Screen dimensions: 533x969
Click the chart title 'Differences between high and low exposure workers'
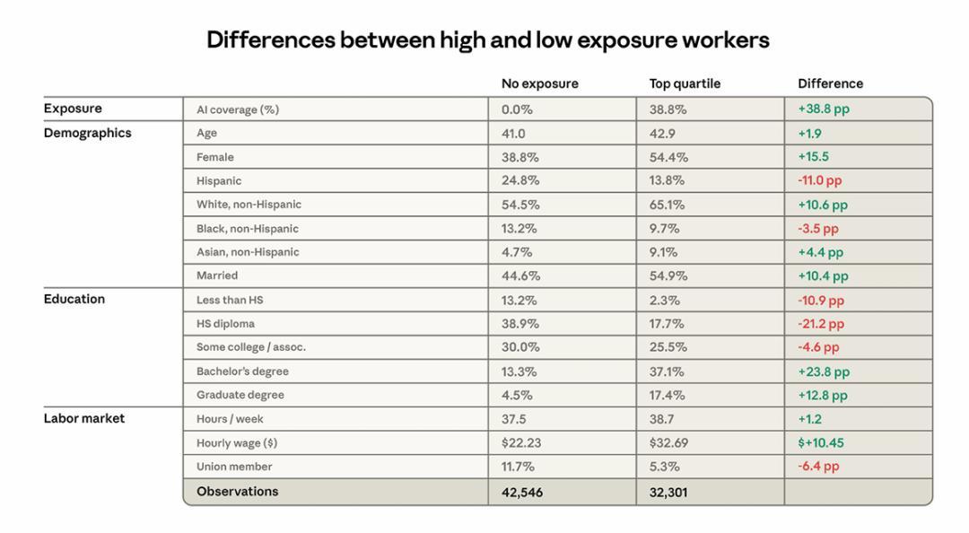point(487,40)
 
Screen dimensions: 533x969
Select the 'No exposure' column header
point(539,83)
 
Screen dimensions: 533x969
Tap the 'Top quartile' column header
point(685,83)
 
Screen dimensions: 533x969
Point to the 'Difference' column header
point(830,83)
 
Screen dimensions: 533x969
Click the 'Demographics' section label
point(87,133)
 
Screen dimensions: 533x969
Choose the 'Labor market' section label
point(83,418)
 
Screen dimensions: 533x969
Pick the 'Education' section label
point(74,299)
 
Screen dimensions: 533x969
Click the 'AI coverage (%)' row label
point(238,109)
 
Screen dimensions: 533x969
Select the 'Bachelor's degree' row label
point(242,371)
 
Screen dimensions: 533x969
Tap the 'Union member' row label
point(234,467)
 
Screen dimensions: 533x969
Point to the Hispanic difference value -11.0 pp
point(819,180)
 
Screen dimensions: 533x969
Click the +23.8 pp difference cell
point(823,371)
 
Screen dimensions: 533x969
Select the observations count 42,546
point(522,492)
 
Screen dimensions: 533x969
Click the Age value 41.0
point(513,133)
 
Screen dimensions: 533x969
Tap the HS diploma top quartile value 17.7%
point(667,324)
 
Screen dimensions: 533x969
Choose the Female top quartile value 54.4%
point(668,157)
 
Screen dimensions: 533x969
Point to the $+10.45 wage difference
point(820,442)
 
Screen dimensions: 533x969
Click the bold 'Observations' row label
point(237,492)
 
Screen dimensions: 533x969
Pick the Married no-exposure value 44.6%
point(520,275)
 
